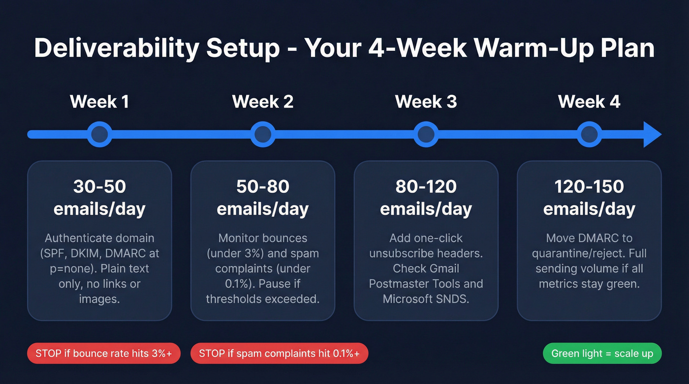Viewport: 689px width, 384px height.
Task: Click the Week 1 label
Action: [x=99, y=102]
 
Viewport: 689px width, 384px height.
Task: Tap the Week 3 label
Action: [x=426, y=102]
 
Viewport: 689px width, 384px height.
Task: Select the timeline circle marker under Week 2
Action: [x=263, y=134]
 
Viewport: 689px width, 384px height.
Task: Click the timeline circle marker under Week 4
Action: [x=589, y=134]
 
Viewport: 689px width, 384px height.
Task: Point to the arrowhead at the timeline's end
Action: [x=652, y=134]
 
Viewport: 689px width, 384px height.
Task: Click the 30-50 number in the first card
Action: [x=99, y=187]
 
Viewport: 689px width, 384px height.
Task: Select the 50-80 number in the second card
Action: [x=263, y=187]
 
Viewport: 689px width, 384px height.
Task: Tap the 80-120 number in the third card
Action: [x=426, y=187]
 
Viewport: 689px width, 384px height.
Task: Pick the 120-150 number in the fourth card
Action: [x=589, y=187]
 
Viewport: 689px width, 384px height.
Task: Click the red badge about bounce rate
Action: [x=104, y=354]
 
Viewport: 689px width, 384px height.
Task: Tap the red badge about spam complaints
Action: [x=279, y=354]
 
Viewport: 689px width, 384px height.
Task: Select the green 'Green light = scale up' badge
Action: [x=602, y=354]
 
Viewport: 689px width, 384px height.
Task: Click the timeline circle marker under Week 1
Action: [x=99, y=134]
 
